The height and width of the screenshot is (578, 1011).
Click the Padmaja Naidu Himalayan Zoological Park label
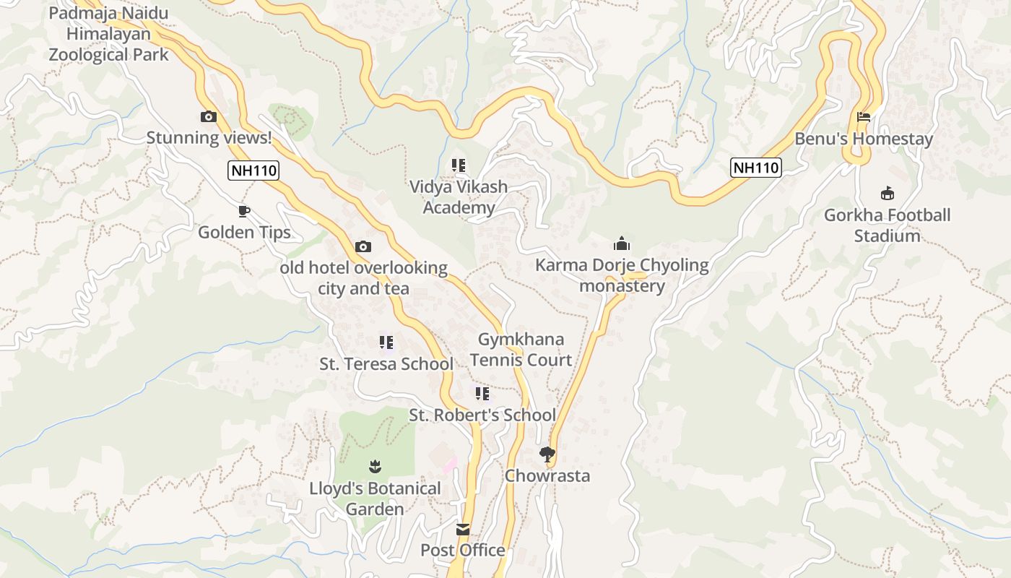coord(108,34)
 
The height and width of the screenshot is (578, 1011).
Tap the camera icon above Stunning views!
coord(209,116)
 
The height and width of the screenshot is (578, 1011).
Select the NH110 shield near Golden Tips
coord(253,171)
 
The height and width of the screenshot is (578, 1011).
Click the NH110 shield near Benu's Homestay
coord(756,168)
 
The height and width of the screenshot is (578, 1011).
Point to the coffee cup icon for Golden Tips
coord(244,211)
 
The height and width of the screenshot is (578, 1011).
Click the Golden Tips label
coord(244,232)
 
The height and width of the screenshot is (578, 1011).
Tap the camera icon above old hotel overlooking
coord(363,247)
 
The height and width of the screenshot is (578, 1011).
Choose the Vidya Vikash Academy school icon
coord(459,165)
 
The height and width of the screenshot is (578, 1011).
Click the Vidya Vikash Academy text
coord(459,197)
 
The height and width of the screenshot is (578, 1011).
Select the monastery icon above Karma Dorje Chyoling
coord(622,243)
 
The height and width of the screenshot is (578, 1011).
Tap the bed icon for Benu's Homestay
coord(864,117)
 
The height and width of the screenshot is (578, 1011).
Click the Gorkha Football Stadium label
coord(888,225)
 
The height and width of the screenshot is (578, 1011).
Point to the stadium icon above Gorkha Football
coord(888,194)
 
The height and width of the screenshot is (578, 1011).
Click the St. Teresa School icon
coord(386,342)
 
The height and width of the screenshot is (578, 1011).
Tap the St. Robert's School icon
coord(482,394)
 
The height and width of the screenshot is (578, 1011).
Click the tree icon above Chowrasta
coord(547,454)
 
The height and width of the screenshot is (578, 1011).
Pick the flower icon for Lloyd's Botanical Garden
coord(375,467)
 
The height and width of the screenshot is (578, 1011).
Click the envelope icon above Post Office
coord(463,530)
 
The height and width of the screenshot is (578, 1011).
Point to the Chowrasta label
coord(547,475)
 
